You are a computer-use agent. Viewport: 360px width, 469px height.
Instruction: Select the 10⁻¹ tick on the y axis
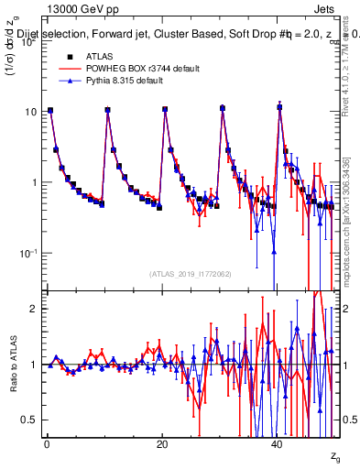[x=29, y=252]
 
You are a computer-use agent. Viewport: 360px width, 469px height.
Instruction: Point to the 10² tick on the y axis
[x=29, y=41]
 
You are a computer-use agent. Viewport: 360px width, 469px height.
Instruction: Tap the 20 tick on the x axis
[x=162, y=443]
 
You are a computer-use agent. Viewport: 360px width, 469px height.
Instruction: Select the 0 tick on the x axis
[x=46, y=443]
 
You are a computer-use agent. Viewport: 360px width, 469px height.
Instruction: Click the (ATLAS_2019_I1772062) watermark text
[x=191, y=273]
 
